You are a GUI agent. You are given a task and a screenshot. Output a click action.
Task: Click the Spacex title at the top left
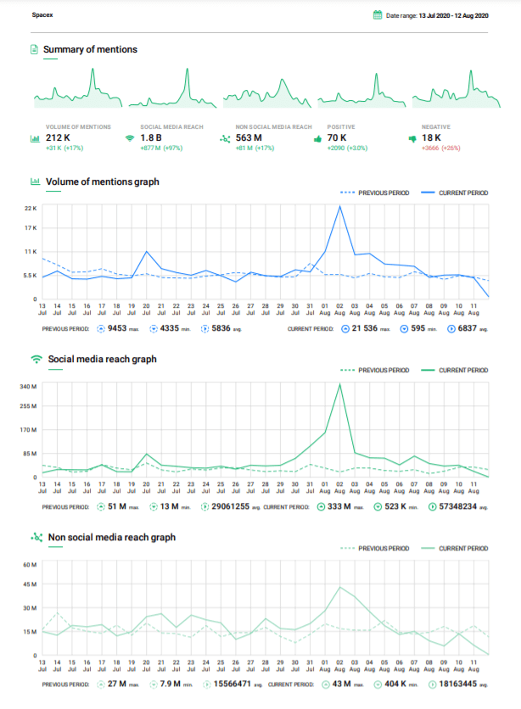coord(42,15)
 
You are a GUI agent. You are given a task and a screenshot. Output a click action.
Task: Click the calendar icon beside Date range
coord(378,15)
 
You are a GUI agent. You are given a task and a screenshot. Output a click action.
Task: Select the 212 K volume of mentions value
coord(59,137)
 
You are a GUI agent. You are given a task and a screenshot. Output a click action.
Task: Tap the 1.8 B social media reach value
coord(151,137)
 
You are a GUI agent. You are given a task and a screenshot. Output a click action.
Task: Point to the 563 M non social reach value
coord(249,137)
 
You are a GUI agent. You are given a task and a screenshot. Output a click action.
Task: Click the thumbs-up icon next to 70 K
coord(317,137)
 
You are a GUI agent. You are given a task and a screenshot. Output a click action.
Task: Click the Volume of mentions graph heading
coord(103,181)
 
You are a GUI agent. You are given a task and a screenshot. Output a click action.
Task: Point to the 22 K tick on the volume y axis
coord(30,208)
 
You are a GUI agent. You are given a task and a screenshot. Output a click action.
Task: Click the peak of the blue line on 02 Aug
coord(340,206)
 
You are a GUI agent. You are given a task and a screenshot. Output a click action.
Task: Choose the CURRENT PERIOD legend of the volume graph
coord(463,193)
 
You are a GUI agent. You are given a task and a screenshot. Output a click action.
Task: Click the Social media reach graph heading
coord(102,359)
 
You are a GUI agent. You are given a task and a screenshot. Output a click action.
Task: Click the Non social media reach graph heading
coord(111,537)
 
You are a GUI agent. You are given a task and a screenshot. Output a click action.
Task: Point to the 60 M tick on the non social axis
coord(30,565)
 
